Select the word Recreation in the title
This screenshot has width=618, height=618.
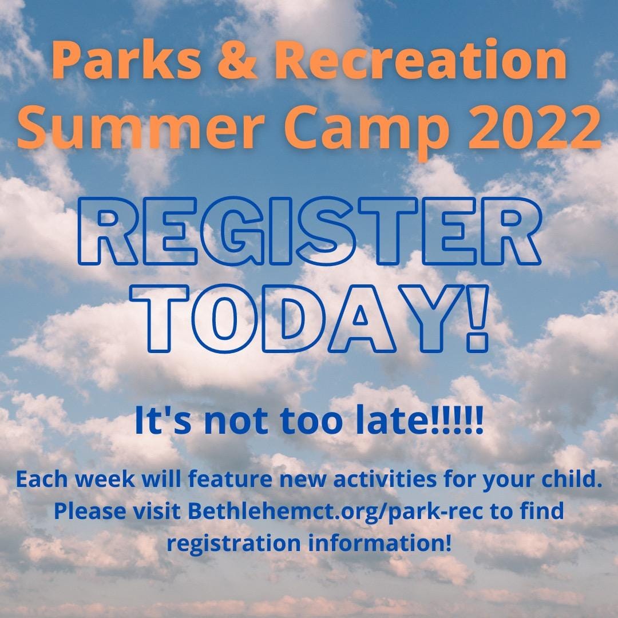pos(421,60)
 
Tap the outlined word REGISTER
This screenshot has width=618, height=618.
pos(309,231)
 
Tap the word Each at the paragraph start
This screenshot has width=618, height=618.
pos(42,480)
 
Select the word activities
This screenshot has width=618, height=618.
pos(385,480)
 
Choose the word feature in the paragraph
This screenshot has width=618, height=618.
pos(230,480)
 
